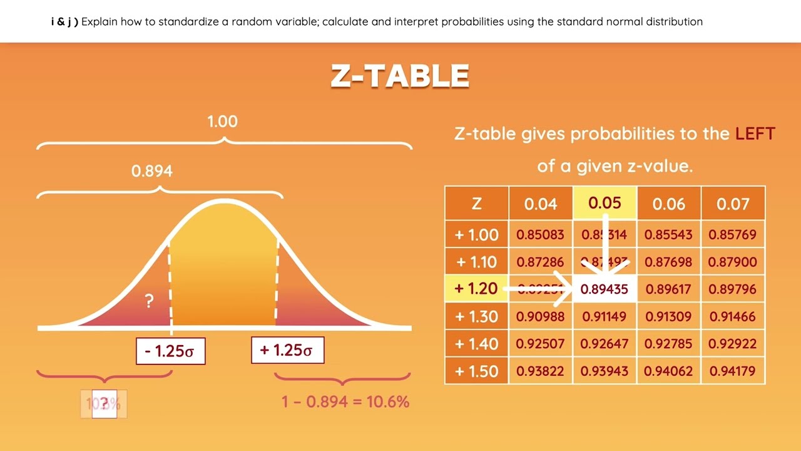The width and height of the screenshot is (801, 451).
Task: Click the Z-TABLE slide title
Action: click(x=400, y=76)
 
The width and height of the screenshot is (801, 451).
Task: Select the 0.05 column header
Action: click(x=605, y=203)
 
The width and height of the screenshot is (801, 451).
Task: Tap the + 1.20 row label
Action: click(x=476, y=289)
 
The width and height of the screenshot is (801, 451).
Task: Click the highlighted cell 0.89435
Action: click(x=605, y=289)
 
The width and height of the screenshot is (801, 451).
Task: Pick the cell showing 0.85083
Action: click(x=540, y=235)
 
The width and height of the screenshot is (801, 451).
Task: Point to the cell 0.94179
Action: click(x=733, y=371)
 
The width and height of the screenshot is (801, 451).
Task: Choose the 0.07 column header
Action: click(x=733, y=204)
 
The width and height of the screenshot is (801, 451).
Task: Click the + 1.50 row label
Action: click(x=476, y=371)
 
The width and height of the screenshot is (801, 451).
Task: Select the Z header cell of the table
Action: click(x=476, y=204)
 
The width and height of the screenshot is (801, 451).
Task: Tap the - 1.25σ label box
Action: click(x=170, y=351)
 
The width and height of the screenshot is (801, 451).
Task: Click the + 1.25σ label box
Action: click(x=287, y=350)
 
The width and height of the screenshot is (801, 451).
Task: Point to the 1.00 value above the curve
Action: click(x=223, y=121)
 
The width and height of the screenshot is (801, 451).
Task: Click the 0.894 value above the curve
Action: click(x=152, y=170)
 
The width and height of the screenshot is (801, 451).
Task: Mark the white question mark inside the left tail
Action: click(x=149, y=301)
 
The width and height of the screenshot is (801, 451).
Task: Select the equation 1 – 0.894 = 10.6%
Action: click(x=345, y=402)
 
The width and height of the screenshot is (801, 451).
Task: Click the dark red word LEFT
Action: click(x=755, y=133)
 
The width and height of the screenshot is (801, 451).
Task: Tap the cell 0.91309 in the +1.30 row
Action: click(x=668, y=316)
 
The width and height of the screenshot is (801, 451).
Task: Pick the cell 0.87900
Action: click(x=733, y=262)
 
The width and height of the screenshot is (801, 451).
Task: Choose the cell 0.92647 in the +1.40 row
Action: click(x=605, y=344)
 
